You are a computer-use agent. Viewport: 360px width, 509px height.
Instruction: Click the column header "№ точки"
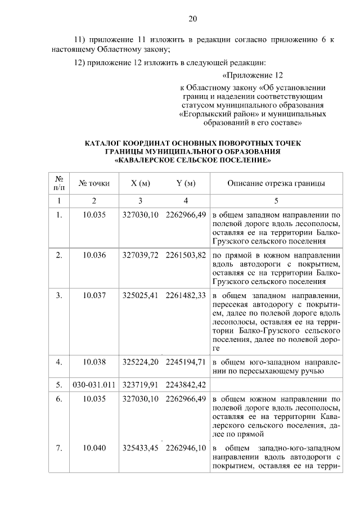point(94,183)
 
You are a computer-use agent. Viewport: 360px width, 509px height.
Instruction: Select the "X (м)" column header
point(140,183)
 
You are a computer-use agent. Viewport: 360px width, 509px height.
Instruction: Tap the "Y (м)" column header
point(186,183)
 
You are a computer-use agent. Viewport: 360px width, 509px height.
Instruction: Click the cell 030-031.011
point(94,385)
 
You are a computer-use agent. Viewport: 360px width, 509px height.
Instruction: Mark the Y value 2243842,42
point(186,385)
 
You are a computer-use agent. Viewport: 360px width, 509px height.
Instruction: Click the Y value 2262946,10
point(186,448)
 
